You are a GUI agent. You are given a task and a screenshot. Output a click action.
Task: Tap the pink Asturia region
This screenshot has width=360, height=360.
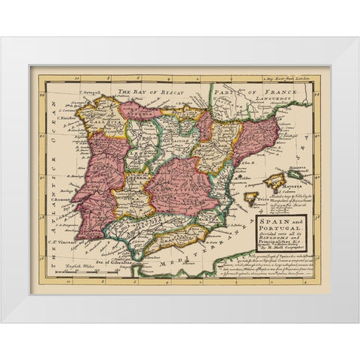(x=139, y=111)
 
